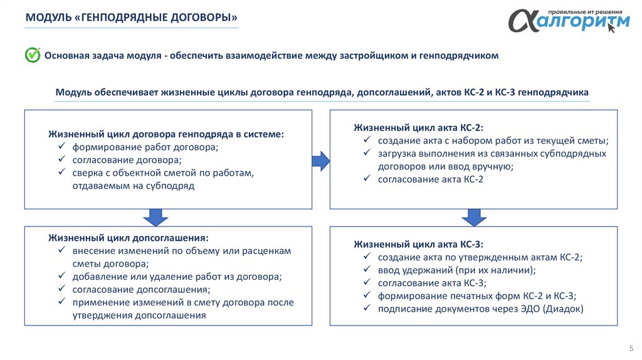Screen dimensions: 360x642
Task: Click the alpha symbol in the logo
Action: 522,22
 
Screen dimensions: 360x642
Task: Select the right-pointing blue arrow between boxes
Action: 320,161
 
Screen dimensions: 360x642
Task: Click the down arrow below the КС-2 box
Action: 474,217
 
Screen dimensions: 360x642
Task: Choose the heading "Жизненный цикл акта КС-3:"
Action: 419,244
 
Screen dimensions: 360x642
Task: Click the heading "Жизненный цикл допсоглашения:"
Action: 129,238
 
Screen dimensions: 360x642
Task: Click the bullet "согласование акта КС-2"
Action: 431,179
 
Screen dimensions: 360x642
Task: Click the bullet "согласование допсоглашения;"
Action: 141,289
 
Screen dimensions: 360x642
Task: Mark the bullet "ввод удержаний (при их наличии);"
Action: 457,270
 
